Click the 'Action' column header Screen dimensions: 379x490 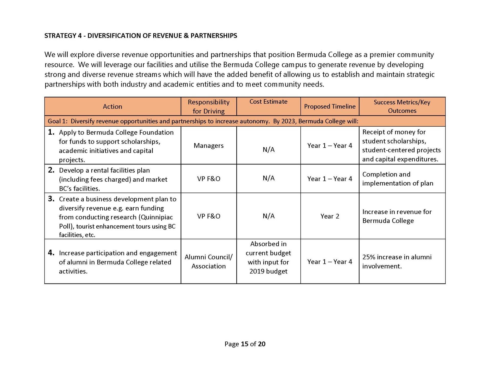112,106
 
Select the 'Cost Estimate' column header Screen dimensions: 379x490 268,102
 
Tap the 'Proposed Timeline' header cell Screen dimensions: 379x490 329,106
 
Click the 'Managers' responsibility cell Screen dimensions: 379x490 209,146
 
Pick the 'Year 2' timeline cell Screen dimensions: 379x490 329,216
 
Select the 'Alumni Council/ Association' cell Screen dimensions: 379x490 209,262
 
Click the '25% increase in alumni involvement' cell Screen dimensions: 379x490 397,262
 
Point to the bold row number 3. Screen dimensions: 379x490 51,199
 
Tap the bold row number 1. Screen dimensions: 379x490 51,132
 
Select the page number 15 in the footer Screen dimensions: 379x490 244,344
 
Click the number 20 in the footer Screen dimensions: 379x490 262,344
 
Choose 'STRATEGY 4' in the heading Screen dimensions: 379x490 63,36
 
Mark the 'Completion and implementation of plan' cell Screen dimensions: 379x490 398,179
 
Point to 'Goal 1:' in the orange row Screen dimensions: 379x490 57,121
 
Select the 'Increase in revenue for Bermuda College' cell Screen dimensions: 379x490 397,216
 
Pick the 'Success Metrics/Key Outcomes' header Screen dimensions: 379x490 402,106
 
